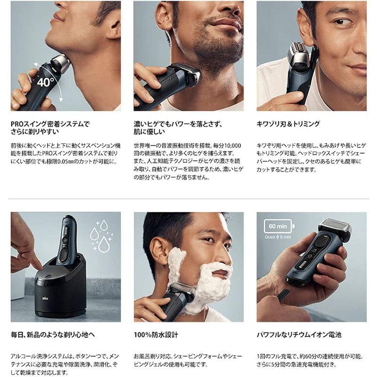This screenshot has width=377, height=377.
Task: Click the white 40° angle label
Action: coord(43,82)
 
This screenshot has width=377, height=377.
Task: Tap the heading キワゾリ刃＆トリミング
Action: coord(288,124)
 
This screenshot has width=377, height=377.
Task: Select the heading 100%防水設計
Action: coord(156,335)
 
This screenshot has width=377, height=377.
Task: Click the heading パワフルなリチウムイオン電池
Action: coord(299,335)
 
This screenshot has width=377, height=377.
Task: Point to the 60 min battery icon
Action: coord(279,226)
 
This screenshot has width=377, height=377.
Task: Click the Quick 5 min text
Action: coord(278,237)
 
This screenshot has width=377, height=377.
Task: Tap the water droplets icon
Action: coord(101,236)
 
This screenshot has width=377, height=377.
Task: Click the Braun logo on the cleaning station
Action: coord(45,298)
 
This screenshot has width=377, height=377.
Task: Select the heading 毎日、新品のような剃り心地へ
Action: coord(53,335)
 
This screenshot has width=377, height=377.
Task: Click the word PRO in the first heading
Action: coord(17,124)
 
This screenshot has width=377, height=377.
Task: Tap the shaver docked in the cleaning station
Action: coord(68,240)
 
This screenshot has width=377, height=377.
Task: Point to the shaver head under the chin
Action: coord(60,64)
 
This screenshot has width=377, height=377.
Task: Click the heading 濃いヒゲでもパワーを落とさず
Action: coord(178,124)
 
